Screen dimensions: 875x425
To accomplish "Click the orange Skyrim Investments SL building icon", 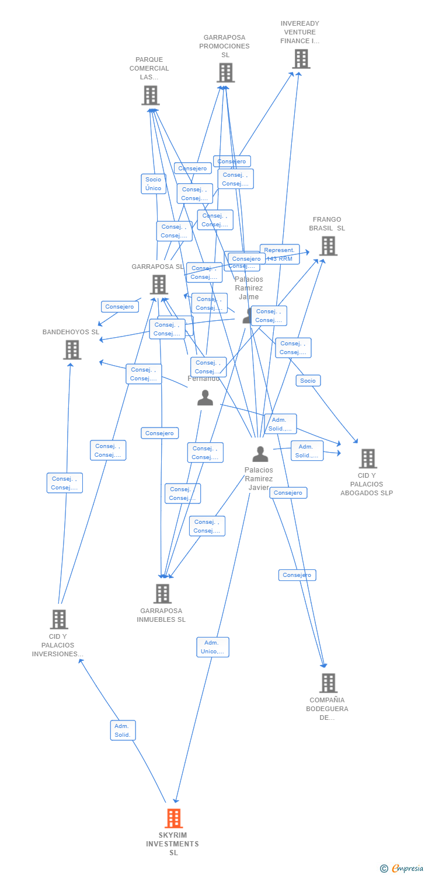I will click(173, 818).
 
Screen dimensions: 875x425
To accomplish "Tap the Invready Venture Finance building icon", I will click(301, 59).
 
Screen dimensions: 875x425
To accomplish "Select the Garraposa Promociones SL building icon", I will click(226, 73).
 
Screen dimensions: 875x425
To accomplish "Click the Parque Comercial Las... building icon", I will click(151, 95).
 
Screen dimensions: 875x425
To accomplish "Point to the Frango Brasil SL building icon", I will click(329, 246).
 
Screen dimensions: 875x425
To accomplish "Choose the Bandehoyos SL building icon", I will click(72, 350).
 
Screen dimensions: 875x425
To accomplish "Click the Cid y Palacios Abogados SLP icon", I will click(368, 459).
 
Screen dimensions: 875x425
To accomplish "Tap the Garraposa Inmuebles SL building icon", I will click(162, 593).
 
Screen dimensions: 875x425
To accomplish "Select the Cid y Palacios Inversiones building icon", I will click(59, 619).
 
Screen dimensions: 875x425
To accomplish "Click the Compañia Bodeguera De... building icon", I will click(329, 682).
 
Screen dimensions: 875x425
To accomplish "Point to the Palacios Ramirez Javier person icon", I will click(260, 454).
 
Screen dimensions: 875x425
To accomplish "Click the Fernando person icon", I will click(205, 398).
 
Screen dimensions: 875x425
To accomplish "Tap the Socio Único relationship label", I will click(154, 184).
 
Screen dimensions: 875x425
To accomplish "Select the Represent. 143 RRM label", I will click(279, 254).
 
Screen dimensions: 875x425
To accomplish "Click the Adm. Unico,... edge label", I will click(212, 647).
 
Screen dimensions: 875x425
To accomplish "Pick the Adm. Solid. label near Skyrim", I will click(123, 730).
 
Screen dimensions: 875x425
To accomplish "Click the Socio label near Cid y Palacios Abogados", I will click(308, 381).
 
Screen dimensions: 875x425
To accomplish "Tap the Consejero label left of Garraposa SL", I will click(120, 307).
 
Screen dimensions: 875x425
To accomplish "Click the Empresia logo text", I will click(407, 869).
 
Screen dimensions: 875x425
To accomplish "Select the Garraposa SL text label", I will click(158, 267).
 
